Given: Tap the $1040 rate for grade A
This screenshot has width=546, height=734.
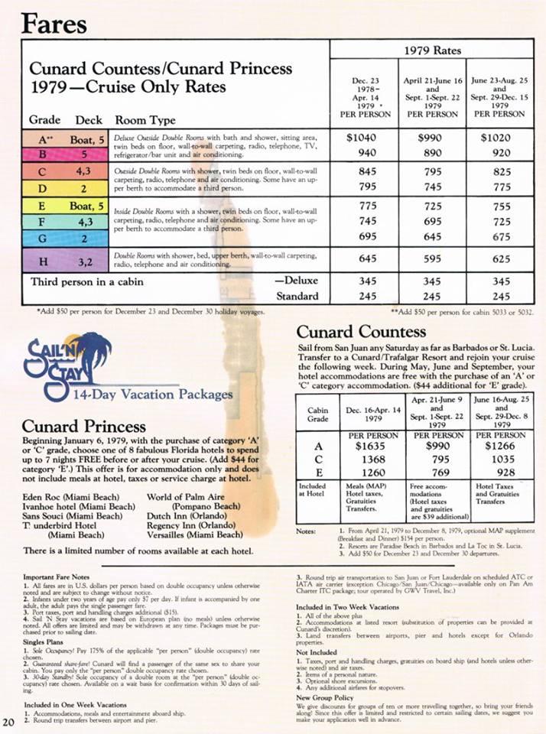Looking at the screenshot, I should point(362,138).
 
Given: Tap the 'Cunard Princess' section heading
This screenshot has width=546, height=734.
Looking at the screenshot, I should point(84,426).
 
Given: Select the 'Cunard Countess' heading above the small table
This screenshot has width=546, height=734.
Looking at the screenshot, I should point(361,332).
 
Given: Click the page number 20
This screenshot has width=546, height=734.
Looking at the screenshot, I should point(9,723).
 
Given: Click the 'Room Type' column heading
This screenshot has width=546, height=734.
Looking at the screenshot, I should point(145,120).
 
